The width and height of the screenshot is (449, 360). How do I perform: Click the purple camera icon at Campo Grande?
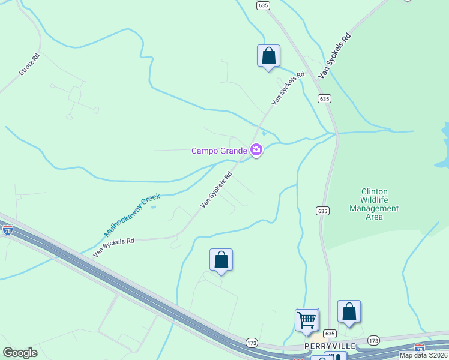(256, 150)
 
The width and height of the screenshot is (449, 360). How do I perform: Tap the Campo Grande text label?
(219, 151)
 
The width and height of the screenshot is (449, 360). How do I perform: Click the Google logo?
(20, 353)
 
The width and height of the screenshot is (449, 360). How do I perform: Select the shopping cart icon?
(307, 320)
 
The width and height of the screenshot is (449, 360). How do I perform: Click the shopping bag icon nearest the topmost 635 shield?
(268, 56)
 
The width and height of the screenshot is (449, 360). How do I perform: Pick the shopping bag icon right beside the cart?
(349, 313)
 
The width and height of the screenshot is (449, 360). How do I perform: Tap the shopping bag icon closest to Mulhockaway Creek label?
(221, 260)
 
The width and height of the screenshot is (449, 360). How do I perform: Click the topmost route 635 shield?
(263, 5)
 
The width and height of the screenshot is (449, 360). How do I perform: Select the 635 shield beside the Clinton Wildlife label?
(322, 211)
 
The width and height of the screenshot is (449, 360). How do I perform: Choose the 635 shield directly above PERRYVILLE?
(330, 334)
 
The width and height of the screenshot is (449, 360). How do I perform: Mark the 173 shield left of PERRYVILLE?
(252, 342)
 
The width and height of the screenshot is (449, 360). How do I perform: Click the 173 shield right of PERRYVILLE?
(373, 340)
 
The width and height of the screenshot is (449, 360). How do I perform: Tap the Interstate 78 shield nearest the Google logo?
(8, 229)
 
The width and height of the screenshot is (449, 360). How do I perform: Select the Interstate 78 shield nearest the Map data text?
(419, 348)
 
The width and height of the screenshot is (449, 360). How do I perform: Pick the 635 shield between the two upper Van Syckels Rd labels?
(324, 98)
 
